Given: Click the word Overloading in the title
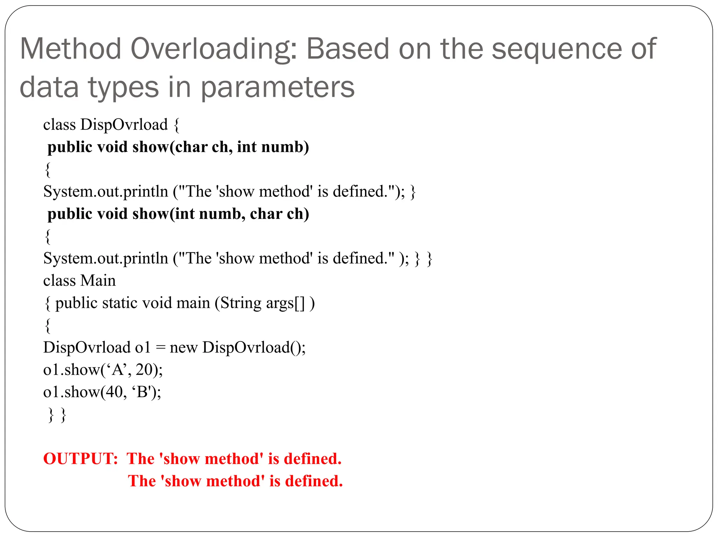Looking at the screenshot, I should [214, 49].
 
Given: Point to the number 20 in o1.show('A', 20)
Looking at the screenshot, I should [144, 370].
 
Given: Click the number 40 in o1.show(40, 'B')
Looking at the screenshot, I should [114, 392].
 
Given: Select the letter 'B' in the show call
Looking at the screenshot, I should [142, 392].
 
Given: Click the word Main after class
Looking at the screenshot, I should [98, 281].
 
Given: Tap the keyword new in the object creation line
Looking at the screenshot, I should [183, 348].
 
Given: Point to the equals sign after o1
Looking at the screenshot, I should [160, 348].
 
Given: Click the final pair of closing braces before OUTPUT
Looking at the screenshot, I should [57, 415].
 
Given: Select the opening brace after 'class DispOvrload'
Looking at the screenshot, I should [177, 125].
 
